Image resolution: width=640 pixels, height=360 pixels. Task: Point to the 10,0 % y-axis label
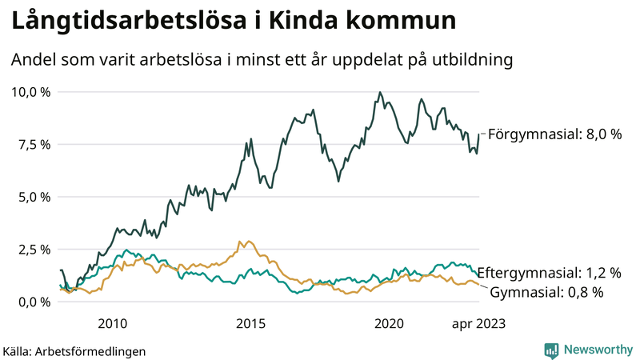pyautogui.click(x=30, y=92)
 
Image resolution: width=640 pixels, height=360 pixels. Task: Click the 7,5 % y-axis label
pyautogui.click(x=33, y=144)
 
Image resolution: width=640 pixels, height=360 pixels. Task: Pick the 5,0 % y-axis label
pyautogui.click(x=33, y=197)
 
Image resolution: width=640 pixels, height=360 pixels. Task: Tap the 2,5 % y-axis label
pyautogui.click(x=33, y=249)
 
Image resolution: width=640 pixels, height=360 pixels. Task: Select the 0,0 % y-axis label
pyautogui.click(x=33, y=302)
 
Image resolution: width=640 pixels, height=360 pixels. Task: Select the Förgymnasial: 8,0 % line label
pyautogui.click(x=554, y=134)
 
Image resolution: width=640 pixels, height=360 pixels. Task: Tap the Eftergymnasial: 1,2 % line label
pyautogui.click(x=554, y=274)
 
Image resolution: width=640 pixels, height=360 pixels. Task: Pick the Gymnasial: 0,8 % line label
pyautogui.click(x=546, y=292)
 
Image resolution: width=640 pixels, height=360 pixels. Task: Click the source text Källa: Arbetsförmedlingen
pyautogui.click(x=74, y=351)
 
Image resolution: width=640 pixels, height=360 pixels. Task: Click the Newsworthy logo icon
pyautogui.click(x=551, y=350)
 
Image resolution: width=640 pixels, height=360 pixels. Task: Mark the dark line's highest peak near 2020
pyautogui.click(x=380, y=92)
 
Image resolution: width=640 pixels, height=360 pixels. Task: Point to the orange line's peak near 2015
pyautogui.click(x=240, y=241)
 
